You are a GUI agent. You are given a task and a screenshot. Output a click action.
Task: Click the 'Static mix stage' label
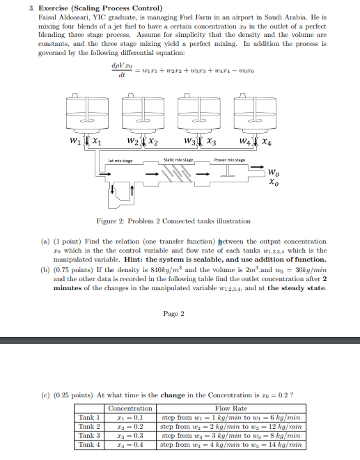click(178, 160)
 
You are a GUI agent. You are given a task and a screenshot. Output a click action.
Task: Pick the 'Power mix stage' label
click(230, 160)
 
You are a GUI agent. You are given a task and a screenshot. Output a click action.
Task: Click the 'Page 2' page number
click(173, 314)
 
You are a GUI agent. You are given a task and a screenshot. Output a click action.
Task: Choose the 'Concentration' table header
click(130, 409)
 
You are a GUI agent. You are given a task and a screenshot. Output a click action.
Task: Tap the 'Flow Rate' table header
click(231, 409)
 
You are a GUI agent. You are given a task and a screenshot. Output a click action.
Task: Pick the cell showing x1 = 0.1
click(130, 418)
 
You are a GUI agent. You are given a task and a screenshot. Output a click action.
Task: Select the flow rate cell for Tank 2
click(231, 426)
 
